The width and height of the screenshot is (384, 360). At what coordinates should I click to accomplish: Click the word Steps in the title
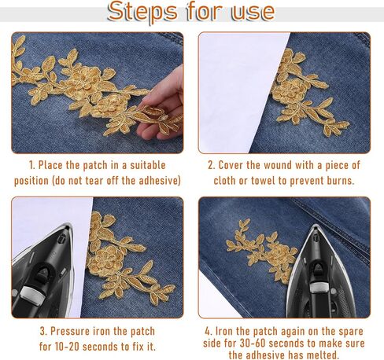click(142, 12)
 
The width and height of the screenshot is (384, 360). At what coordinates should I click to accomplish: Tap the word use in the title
click(253, 12)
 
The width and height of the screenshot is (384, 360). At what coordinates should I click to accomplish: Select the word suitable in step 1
click(148, 165)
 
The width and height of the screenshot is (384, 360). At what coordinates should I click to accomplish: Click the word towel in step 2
click(264, 181)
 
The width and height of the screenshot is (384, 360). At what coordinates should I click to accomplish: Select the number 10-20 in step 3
click(67, 347)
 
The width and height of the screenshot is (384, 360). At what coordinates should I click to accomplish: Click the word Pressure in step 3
click(70, 332)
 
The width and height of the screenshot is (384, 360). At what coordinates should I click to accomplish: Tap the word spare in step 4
click(351, 332)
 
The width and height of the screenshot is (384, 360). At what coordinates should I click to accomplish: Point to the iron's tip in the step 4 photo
click(315, 225)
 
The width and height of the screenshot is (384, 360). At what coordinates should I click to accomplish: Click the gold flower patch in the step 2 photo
click(308, 92)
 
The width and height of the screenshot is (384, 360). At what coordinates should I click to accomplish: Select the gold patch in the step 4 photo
click(261, 251)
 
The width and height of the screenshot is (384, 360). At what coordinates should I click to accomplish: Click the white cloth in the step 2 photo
click(236, 92)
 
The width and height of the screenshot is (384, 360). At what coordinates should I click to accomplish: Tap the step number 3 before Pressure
click(42, 332)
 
